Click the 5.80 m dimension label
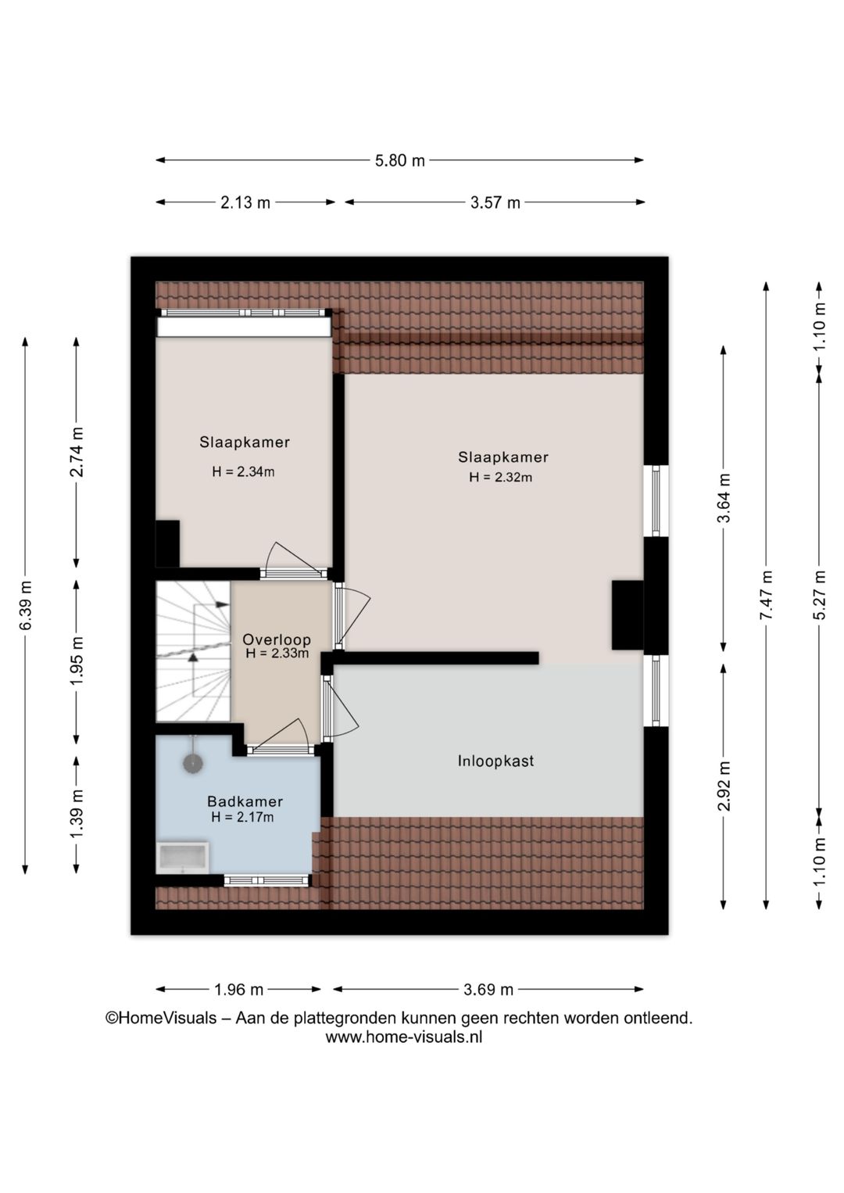pos(400,160)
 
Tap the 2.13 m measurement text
pos(245,202)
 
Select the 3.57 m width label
pos(495,202)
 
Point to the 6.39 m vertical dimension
pos(26,605)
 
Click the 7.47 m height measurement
pos(767,595)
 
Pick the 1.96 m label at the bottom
pos(238,990)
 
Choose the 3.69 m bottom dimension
pos(488,990)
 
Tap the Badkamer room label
pos(245,801)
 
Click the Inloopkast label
pos(495,761)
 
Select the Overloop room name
pos(277,639)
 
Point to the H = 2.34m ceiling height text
pos(243,471)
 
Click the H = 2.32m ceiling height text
pos(501,477)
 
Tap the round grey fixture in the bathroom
pos(193,763)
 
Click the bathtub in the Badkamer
pos(182,858)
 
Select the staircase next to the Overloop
pos(193,650)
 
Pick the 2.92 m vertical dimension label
pos(724,786)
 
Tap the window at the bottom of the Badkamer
pos(266,880)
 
